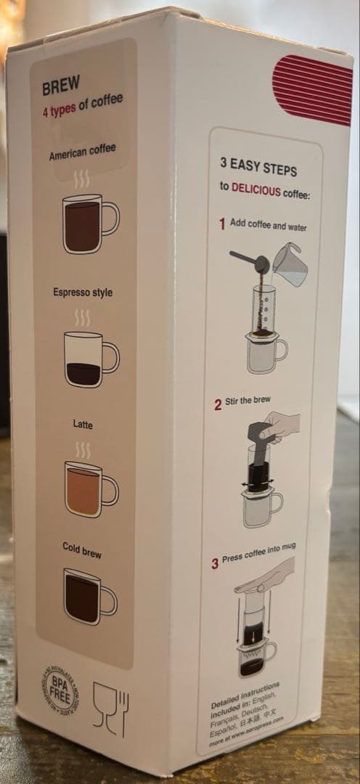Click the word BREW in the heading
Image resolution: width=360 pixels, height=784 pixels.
pos(61,87)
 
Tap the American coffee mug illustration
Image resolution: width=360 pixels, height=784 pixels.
pos(88,224)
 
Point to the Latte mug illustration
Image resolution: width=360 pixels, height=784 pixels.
pos(88,488)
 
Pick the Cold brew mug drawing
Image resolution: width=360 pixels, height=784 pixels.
pos(87,596)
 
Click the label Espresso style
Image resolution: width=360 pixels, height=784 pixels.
pos(83,293)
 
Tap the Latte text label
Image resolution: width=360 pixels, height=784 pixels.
pos(83,424)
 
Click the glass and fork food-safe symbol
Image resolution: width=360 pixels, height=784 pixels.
pos(110,709)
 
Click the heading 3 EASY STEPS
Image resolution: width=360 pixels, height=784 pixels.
pos(258,168)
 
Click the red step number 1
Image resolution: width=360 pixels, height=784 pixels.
pos(222,224)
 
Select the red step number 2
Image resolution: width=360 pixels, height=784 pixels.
pos(218,405)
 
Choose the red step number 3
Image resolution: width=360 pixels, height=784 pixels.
pos(216,563)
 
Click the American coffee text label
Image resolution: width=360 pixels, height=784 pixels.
pos(82,153)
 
